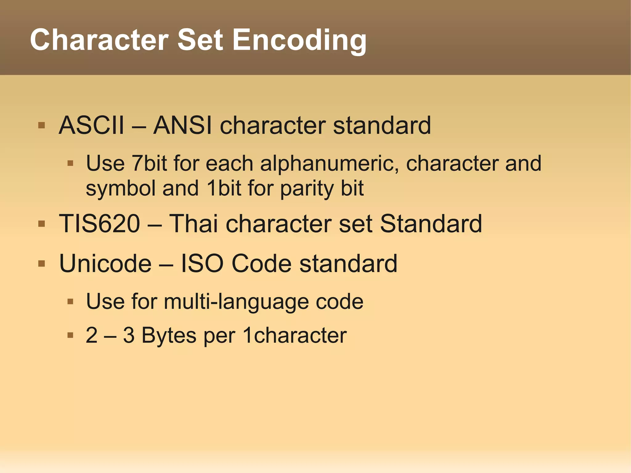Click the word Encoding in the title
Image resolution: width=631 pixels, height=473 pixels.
(299, 40)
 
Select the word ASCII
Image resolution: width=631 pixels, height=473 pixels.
(92, 125)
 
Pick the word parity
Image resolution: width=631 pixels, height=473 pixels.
(307, 189)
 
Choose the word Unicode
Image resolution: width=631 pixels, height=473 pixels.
(105, 264)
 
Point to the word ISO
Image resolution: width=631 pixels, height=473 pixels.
(202, 264)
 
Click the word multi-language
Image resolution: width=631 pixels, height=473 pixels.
(236, 301)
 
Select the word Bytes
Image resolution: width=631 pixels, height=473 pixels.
(169, 335)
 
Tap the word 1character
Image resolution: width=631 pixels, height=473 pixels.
(295, 335)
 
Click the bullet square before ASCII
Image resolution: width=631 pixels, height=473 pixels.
(42, 125)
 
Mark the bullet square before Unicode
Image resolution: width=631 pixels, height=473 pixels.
(42, 264)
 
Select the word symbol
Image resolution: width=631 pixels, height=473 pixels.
(120, 189)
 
